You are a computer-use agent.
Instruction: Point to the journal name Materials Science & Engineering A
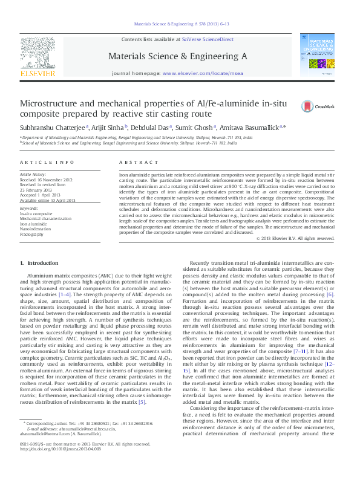tap(177, 56)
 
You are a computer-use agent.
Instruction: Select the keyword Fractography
tap(32, 234)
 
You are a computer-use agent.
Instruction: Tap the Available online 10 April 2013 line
tap(48, 200)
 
